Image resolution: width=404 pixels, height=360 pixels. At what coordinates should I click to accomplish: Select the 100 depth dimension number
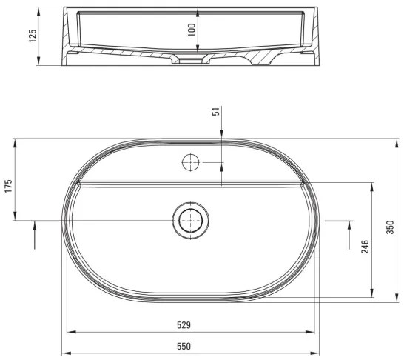point(192,30)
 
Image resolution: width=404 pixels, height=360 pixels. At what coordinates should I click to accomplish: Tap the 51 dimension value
point(216,112)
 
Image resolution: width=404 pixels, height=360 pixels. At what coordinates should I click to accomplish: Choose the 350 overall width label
point(390,227)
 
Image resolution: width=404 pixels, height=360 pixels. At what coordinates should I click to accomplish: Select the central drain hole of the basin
point(192,220)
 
